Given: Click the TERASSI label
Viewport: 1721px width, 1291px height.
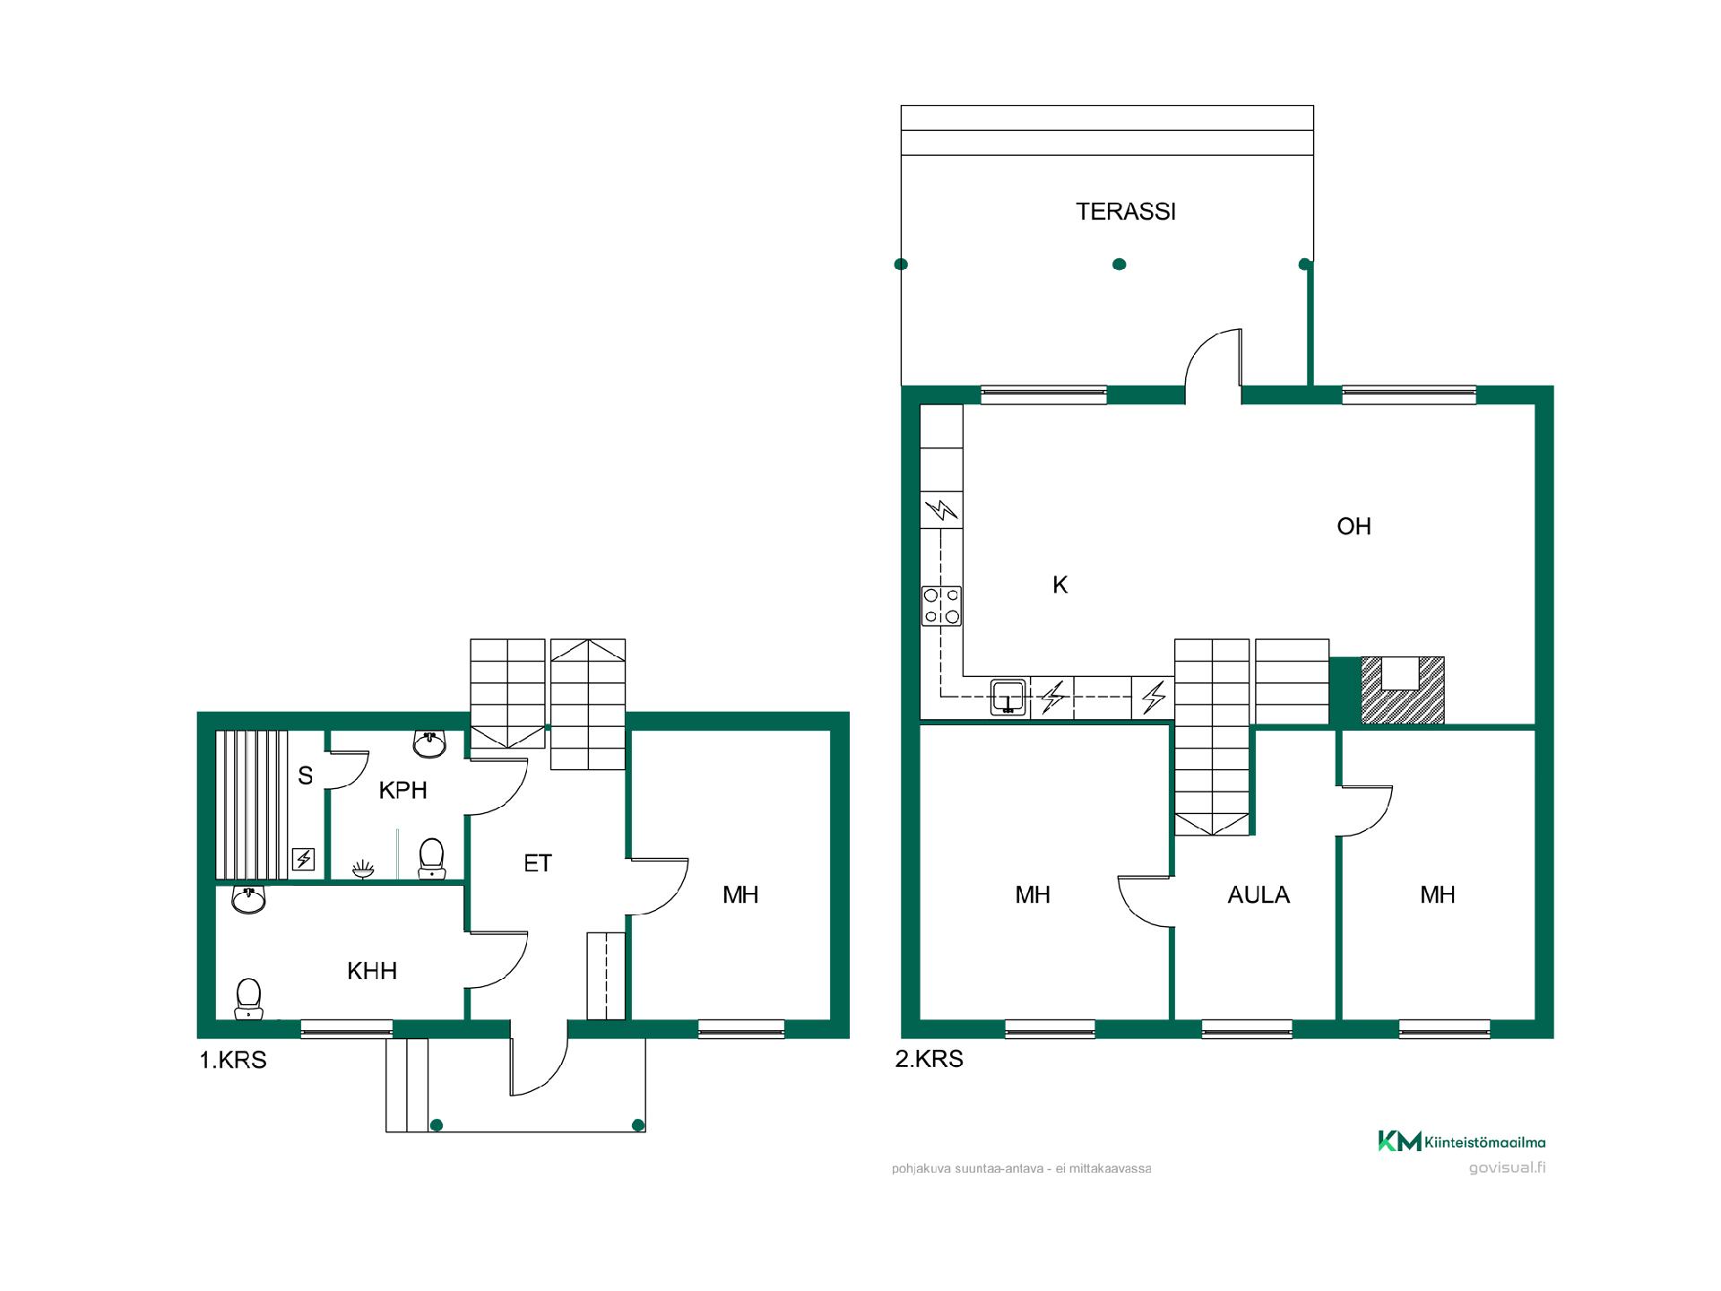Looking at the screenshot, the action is pos(1126,212).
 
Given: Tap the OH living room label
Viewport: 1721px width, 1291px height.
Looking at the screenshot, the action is pos(1353,526).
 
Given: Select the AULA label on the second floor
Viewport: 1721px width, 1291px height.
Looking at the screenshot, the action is pos(1258,895).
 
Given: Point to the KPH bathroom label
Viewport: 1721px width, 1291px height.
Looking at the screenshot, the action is pos(402,790).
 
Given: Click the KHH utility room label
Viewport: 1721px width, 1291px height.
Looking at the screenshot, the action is pos(372,971).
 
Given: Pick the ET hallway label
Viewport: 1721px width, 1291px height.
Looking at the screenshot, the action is pos(538,863).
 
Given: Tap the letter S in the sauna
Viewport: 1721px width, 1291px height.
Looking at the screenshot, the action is pos(306,776).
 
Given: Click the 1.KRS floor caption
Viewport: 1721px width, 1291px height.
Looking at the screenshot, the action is pos(233,1060).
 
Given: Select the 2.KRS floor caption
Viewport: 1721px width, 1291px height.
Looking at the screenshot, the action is pos(930,1059).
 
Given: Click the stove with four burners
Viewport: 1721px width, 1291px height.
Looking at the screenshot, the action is pos(941,606).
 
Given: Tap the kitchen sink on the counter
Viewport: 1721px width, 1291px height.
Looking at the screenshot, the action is pos(1008,697).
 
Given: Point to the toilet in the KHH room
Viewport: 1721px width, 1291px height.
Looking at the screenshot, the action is pos(248,999).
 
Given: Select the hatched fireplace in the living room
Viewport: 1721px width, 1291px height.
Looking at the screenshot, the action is pos(1403,689).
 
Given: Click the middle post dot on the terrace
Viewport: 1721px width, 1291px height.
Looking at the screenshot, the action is pos(1119,264).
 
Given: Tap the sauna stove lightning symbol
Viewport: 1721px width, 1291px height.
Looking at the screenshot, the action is pos(304,860).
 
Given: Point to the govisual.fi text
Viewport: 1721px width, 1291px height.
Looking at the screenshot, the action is pos(1508,1167).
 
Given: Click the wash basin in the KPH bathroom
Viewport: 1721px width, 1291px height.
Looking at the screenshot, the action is pos(430,744).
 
